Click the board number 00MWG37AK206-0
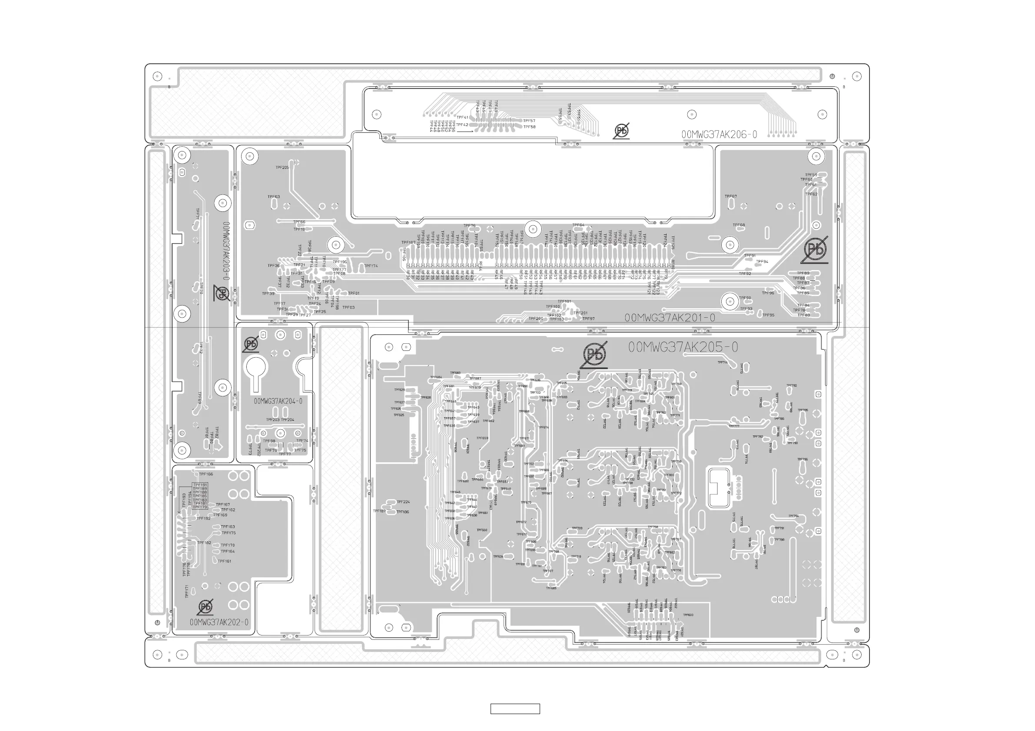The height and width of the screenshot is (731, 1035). click(x=719, y=135)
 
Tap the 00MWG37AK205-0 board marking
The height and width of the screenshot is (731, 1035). click(x=683, y=347)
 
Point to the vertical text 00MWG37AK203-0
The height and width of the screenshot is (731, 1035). click(x=226, y=250)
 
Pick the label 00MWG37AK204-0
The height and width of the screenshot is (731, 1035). click(x=278, y=401)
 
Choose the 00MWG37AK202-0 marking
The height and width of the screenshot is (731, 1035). click(x=219, y=622)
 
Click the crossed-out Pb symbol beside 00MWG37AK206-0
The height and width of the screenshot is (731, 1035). click(x=621, y=131)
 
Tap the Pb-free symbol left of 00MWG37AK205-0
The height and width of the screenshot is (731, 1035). click(x=594, y=355)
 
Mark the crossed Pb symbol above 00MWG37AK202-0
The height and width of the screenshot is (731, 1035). click(x=205, y=607)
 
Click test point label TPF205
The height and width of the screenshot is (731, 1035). click(x=282, y=168)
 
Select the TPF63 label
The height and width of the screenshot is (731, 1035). click(x=274, y=197)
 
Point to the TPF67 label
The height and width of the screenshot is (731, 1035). click(x=731, y=196)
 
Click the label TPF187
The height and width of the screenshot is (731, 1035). click(x=379, y=511)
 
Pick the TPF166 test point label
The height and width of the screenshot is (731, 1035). click(x=206, y=474)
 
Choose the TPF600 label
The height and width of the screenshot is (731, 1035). click(x=688, y=615)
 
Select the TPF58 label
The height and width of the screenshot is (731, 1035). click(x=529, y=127)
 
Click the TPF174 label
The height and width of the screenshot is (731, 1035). click(x=371, y=266)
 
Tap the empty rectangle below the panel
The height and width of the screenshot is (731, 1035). click(x=515, y=709)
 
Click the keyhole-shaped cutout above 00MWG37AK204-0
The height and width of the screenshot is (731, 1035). click(x=255, y=370)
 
